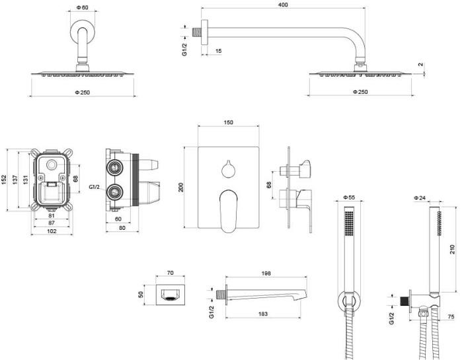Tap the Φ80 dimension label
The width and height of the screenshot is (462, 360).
pyautogui.click(x=83, y=7)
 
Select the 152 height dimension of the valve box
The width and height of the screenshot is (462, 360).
pyautogui.click(x=5, y=179)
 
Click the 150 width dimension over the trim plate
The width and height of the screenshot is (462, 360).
pyautogui.click(x=229, y=123)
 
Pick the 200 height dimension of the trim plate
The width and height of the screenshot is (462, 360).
pyautogui.click(x=181, y=187)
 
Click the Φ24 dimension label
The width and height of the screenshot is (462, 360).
pyautogui.click(x=419, y=198)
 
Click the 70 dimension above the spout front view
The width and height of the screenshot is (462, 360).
pyautogui.click(x=170, y=272)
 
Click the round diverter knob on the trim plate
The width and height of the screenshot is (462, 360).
pyautogui.click(x=229, y=169)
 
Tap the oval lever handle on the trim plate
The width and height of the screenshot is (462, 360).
pyautogui.click(x=228, y=209)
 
